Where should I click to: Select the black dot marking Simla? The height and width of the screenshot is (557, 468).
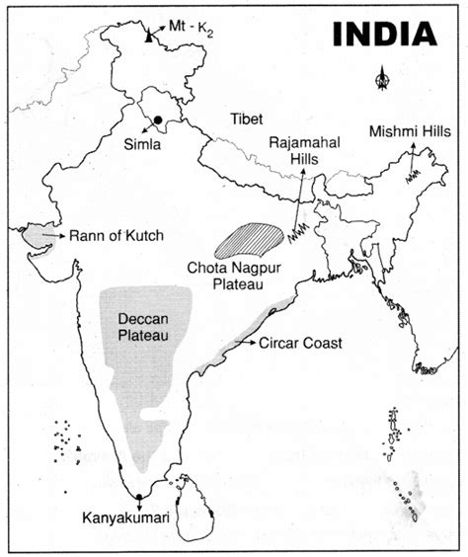point(158,120)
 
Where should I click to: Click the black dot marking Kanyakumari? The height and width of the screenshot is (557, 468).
point(139,496)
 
